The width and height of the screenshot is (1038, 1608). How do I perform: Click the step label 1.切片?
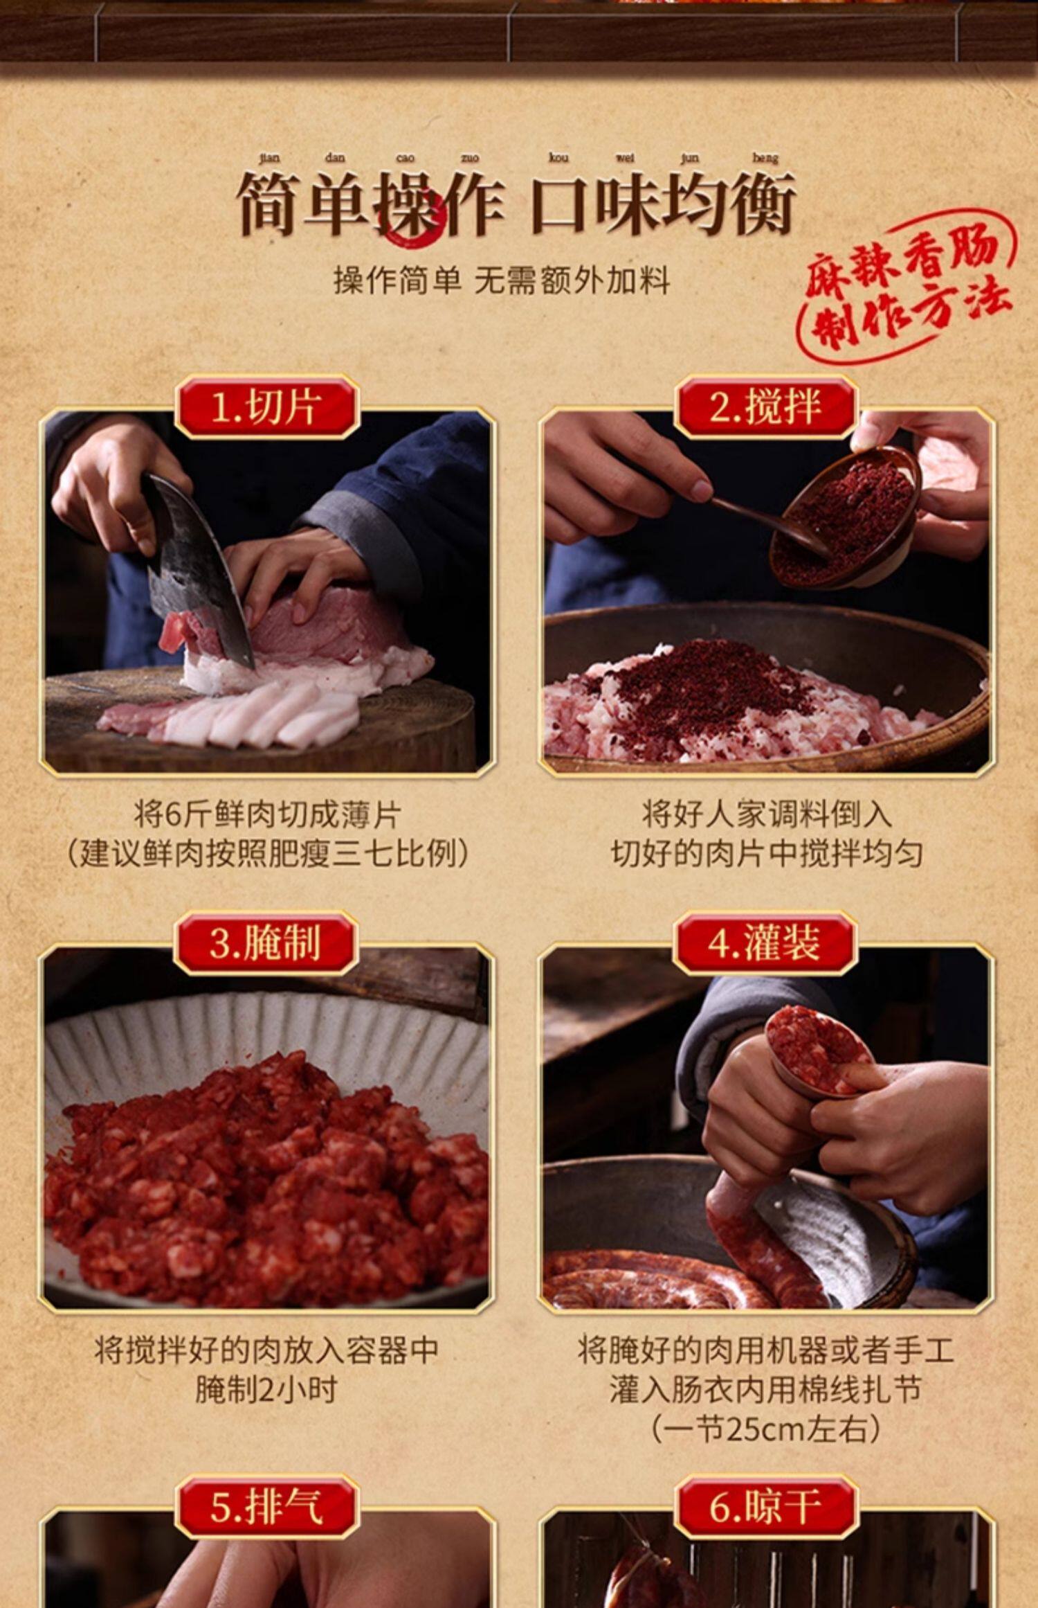267,407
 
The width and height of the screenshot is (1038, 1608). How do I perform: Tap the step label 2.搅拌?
765,407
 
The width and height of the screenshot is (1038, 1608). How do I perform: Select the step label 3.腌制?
266,943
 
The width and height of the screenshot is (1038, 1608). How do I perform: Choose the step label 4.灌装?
765,943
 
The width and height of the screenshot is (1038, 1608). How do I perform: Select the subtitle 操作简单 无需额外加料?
502,280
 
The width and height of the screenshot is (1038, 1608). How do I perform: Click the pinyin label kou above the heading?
558,158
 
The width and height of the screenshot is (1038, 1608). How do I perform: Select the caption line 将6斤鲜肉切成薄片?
267,815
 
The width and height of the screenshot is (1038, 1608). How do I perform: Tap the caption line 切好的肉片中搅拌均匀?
765,854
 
